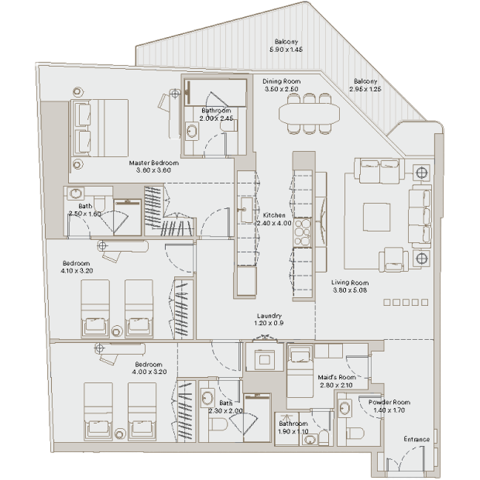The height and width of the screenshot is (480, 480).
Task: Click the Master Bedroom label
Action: tap(153, 163)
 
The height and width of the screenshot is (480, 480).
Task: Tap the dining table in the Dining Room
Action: tap(309, 114)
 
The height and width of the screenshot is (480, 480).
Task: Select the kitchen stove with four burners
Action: tap(303, 233)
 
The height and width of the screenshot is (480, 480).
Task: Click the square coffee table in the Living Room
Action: tap(376, 217)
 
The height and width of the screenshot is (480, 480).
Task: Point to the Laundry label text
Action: tap(269, 316)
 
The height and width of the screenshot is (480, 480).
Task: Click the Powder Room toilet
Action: tap(355, 434)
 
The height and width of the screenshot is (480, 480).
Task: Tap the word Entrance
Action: tap(417, 439)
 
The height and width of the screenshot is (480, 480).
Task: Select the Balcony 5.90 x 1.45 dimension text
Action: tap(286, 50)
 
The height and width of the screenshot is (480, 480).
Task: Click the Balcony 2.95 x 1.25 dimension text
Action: tap(365, 89)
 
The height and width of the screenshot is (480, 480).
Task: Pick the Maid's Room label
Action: tap(337, 377)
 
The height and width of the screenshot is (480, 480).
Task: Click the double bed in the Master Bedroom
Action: tap(100, 128)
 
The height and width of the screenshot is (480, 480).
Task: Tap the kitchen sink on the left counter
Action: tap(246, 210)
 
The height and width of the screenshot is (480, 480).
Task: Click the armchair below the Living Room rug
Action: tap(393, 259)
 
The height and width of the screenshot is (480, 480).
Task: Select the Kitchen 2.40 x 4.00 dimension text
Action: tap(274, 223)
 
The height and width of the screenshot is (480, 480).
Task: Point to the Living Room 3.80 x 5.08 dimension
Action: tap(350, 290)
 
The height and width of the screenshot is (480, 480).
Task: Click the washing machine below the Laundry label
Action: tap(265, 357)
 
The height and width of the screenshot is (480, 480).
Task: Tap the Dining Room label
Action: tap(281, 81)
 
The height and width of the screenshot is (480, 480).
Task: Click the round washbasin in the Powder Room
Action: tap(345, 408)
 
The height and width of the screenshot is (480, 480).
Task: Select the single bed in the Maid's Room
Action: tap(300, 371)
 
